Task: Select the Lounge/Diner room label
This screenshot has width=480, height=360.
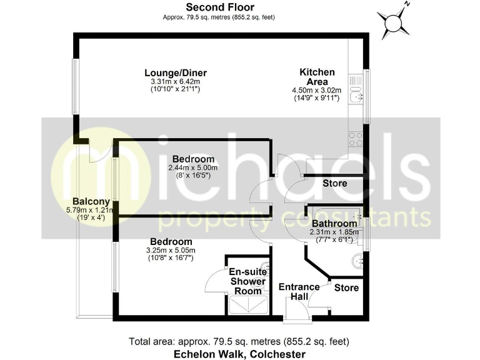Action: coord(179,73)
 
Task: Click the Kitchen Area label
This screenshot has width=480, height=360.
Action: coord(321,77)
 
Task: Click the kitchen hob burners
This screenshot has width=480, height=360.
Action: coord(357,139)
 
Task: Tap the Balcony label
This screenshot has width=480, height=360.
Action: coord(91,201)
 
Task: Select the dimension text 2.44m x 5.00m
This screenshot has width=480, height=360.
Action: coord(193,167)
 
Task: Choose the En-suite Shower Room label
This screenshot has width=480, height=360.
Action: coord(248,281)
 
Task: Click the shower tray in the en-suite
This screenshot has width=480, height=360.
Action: coord(248,305)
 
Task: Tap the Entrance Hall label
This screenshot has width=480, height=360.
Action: coord(299,291)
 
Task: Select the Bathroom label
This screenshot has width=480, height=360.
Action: coord(334,223)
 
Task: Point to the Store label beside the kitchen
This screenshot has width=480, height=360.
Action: coord(334,184)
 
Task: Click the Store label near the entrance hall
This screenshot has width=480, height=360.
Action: coord(346,287)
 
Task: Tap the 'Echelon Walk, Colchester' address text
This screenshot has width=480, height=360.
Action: coord(239,354)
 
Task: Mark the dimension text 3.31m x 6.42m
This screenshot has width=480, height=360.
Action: coord(179,81)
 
